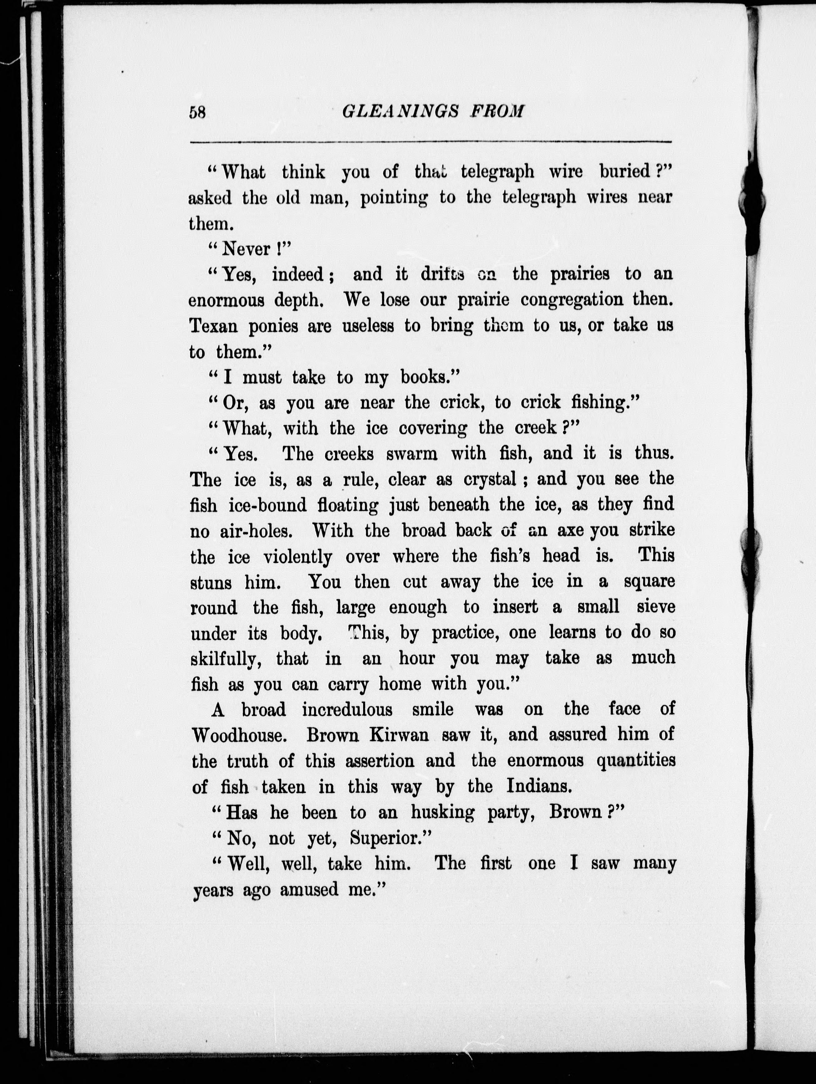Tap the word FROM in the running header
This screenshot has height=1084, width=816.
click(496, 112)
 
